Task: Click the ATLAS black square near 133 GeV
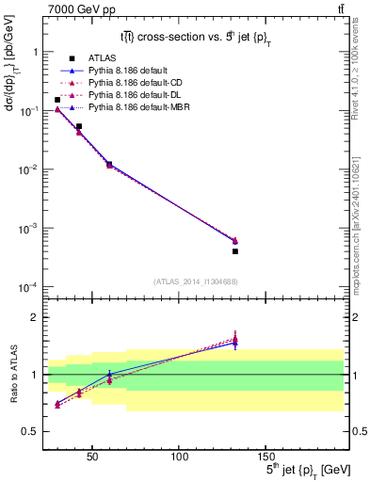[x=235, y=251]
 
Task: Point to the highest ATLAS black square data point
[x=57, y=100]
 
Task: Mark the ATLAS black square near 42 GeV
[x=79, y=126]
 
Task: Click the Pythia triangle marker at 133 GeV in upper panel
[x=235, y=241]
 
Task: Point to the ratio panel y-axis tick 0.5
[x=28, y=431]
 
